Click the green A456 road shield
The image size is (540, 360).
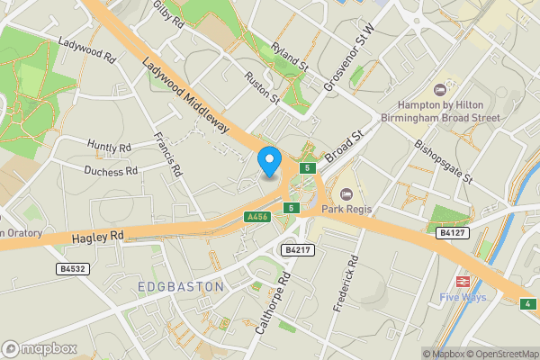(x=256, y=217)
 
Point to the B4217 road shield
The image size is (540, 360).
(x=297, y=249)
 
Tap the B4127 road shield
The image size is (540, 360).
(x=452, y=232)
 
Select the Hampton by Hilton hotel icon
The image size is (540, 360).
(x=440, y=90)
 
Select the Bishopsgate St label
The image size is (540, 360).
(x=443, y=160)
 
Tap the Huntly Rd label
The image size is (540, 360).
(x=110, y=145)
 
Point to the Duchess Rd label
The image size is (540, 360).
(x=111, y=170)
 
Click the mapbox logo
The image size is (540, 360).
(x=39, y=348)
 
